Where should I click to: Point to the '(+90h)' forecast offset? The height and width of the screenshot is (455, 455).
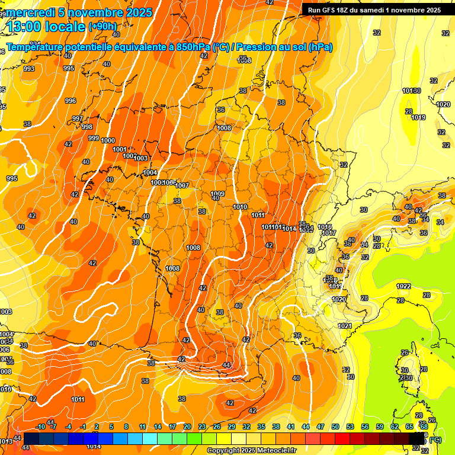tap(102, 27)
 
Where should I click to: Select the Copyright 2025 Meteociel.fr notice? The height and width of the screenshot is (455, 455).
tap(252, 450)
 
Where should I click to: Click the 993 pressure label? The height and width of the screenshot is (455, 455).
tap(29, 69)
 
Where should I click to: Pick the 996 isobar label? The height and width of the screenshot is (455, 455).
tap(71, 101)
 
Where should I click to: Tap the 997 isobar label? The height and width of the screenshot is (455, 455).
tap(78, 118)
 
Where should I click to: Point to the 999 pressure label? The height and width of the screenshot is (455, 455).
tap(94, 138)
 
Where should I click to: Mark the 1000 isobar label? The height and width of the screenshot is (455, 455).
tap(108, 140)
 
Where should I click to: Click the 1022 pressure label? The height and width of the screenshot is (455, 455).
tap(403, 286)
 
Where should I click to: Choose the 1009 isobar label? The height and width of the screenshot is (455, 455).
tap(217, 194)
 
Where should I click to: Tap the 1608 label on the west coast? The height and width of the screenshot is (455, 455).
tap(172, 268)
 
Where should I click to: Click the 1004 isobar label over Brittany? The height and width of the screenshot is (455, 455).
tap(150, 172)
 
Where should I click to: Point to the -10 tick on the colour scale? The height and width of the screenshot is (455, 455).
tap(40, 427)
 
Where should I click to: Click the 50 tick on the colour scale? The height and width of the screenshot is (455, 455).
tap(335, 427)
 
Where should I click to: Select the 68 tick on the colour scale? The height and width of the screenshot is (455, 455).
tap(424, 427)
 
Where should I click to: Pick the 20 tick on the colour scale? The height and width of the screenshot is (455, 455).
tap(187, 427)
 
